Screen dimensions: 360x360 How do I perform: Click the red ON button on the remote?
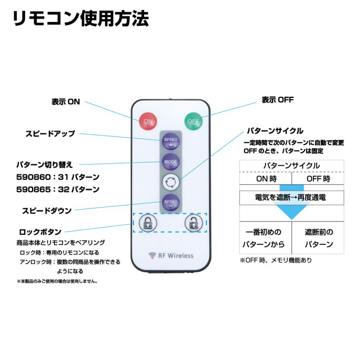(148, 121)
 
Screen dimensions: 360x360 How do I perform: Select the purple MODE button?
(170, 162)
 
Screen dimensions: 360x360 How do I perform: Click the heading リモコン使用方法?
(81, 18)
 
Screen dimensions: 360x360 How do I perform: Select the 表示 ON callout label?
(66, 102)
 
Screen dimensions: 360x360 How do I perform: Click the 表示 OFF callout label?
(278, 100)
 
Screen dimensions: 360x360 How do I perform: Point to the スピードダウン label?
(47, 210)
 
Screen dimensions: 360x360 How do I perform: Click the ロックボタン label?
(40, 232)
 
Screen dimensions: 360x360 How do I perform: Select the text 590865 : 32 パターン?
(58, 189)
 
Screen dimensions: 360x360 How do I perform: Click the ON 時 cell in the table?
(266, 179)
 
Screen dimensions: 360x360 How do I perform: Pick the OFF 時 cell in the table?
(318, 179)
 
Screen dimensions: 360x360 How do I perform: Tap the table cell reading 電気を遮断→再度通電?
(292, 198)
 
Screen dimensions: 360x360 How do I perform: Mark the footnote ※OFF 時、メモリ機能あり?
(276, 260)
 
